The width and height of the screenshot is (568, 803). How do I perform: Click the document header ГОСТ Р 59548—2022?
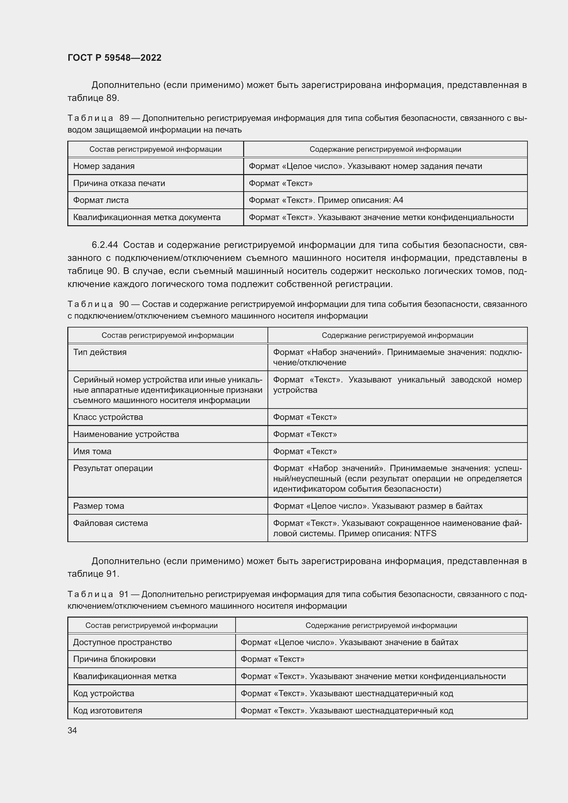coord(114,58)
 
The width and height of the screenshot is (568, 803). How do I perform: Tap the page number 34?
coord(72,730)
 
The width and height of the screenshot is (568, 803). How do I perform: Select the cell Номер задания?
coord(104,166)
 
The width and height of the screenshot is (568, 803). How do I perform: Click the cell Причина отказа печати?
coord(119,183)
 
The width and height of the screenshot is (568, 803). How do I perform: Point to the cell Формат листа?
coord(101,200)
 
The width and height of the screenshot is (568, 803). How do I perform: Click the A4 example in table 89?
coord(398,200)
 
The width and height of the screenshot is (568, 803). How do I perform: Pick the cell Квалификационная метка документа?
coord(147,217)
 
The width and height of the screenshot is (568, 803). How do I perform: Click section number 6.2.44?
coord(105,245)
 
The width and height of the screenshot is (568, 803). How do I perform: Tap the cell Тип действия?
coord(100,352)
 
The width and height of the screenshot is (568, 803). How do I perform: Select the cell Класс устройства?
coord(108,417)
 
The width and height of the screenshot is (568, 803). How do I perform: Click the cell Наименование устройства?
coord(126,434)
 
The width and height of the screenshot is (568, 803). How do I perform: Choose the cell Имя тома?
coord(92,451)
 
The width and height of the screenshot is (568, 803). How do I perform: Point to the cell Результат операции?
coord(113,468)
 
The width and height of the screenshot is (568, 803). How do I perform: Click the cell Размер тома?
coord(98,506)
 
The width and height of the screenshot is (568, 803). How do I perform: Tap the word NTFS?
coord(425,534)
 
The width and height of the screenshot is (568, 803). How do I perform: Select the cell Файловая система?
coord(111,523)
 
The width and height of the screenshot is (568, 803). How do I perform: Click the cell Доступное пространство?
coord(122,642)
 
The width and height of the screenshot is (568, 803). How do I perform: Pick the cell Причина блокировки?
coord(114,659)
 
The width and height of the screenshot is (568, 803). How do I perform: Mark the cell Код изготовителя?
coord(107,710)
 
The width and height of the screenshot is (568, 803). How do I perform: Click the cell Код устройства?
coord(103,693)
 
